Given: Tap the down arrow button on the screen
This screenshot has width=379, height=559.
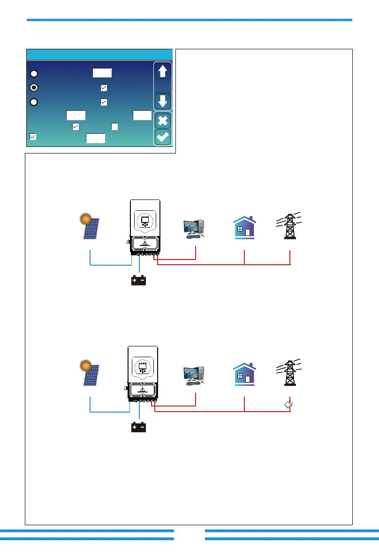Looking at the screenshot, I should pos(162,101).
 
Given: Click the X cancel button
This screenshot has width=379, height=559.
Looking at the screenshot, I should pos(162,120).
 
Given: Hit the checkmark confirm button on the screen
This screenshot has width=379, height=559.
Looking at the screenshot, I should pos(162,138).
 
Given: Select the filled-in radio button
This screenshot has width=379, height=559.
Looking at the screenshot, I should pos(34,87).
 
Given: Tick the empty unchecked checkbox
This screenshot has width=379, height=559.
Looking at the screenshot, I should pos(114,126).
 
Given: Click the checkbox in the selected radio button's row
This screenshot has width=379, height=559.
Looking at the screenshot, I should pos(104,87).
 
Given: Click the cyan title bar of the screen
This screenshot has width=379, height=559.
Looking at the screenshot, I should pos(99,54).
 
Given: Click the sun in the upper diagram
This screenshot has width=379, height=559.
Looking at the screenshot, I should pos(85,218).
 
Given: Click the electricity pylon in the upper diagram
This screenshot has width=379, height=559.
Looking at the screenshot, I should pos(290,226).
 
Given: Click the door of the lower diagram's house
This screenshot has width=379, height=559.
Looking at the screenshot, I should pos(248,379).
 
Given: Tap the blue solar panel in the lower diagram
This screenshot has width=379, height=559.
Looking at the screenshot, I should pos(91,377).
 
